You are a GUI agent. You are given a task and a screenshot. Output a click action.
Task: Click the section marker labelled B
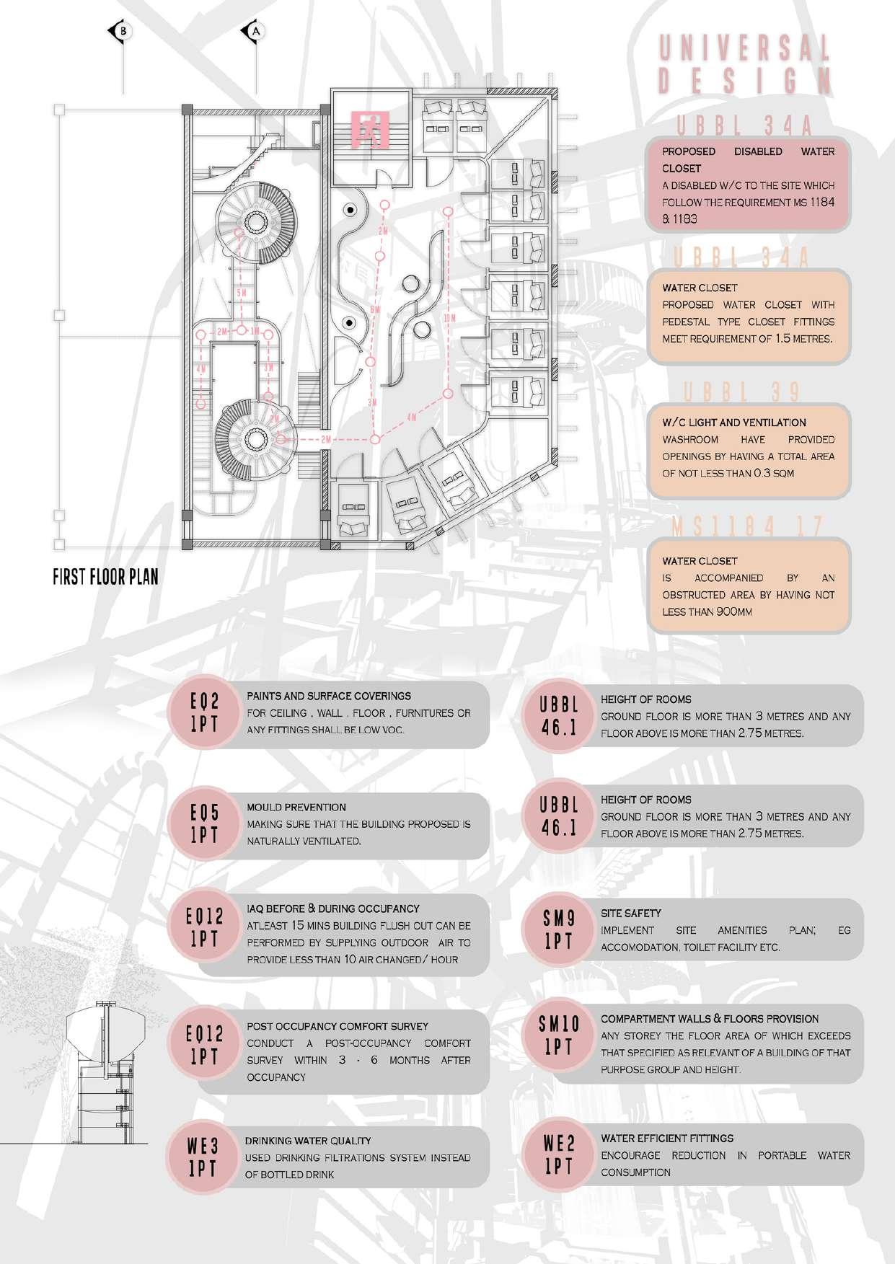[x=123, y=31]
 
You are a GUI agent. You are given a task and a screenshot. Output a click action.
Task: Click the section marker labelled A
[x=254, y=31]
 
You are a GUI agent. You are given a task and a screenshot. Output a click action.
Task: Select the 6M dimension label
[x=374, y=309]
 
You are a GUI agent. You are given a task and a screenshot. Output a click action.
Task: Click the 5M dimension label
[x=242, y=293]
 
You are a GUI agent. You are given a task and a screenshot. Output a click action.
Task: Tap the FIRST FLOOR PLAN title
[x=105, y=577]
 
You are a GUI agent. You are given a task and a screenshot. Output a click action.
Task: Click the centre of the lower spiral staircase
[x=255, y=438]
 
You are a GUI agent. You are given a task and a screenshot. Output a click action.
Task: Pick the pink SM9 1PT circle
[x=559, y=929]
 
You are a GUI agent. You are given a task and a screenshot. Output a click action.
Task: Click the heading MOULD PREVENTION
[x=296, y=807]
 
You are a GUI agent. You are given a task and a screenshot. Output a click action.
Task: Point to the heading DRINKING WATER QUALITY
[x=308, y=1141]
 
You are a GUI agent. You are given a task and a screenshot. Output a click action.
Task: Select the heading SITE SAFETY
[x=631, y=913]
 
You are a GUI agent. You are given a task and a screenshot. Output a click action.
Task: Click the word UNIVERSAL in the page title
[x=745, y=50]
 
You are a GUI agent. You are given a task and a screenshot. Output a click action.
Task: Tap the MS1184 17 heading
[x=747, y=527]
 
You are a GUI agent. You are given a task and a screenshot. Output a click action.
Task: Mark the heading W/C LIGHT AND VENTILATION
[x=734, y=423]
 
